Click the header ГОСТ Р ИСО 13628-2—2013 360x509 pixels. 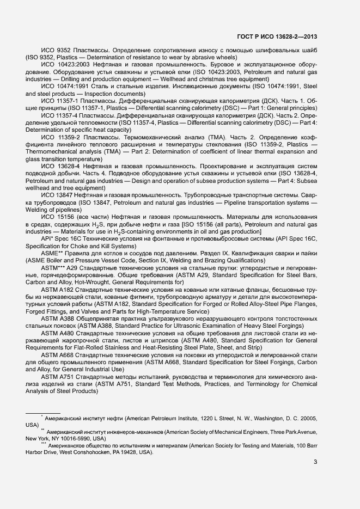pos(277,37)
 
